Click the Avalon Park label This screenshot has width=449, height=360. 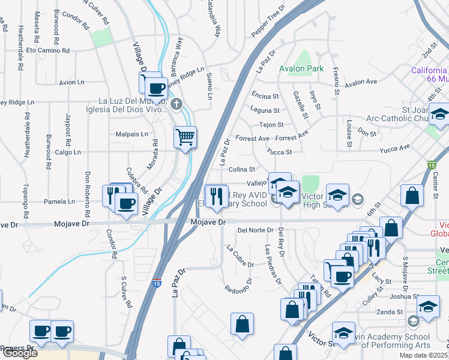301,68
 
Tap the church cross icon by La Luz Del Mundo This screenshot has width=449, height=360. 176,105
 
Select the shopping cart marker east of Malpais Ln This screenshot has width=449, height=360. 185,137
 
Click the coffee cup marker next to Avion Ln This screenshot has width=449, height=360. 157,88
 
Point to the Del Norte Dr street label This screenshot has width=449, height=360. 255,230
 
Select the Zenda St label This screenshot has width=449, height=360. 390,311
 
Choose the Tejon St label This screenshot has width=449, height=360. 271,125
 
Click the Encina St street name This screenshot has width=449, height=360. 265,95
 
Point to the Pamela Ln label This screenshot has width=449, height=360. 62,202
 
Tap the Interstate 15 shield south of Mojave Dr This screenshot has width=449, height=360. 155,283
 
